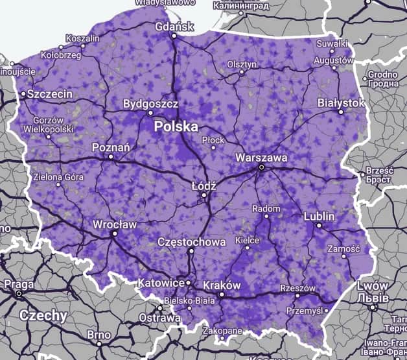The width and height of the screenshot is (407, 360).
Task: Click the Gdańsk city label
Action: (175, 27)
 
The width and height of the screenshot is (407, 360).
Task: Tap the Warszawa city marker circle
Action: (261, 167)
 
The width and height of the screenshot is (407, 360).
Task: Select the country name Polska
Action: (176, 127)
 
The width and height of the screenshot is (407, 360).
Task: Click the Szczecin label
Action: (50, 94)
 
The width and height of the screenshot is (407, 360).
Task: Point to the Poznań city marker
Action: (111, 156)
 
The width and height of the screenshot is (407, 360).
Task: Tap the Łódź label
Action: (203, 185)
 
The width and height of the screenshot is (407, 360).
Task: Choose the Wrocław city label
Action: (114, 224)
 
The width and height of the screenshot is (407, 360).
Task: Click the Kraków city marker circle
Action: (221, 294)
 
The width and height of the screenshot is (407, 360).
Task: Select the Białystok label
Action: (341, 103)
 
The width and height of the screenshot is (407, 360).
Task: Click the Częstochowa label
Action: (192, 242)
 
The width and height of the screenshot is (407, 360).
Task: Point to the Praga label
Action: (19, 284)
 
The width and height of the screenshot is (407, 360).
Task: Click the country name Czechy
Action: (43, 316)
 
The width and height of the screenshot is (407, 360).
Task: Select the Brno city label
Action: (99, 335)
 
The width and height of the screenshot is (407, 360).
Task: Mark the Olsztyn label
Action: (242, 64)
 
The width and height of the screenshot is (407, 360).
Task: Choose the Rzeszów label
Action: (297, 288)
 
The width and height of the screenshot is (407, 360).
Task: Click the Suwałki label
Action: (331, 43)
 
